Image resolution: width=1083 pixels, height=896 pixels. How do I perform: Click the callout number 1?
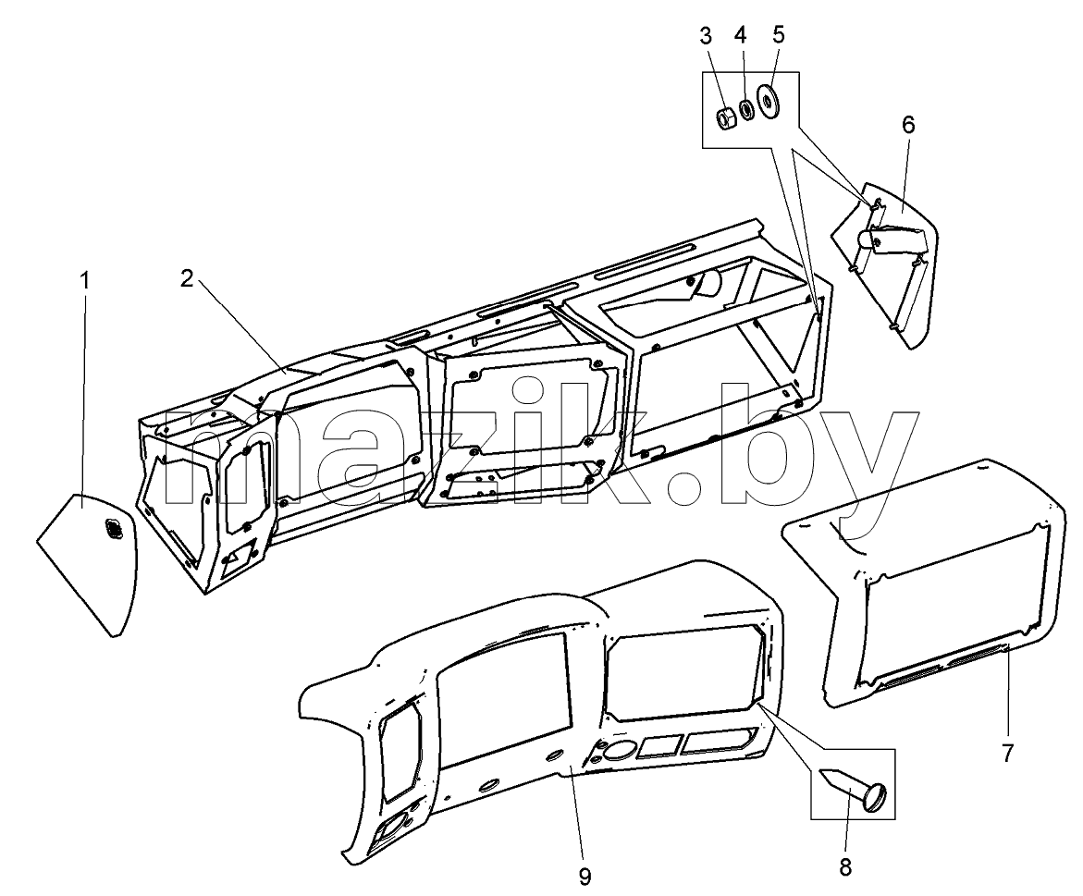85,282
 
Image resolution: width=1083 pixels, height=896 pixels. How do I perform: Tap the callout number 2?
187,279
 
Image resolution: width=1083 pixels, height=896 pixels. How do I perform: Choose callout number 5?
779,35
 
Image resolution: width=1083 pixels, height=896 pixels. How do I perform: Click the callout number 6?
907,126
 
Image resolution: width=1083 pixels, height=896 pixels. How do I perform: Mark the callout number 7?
1007,753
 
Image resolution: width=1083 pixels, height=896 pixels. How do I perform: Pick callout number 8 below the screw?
845,867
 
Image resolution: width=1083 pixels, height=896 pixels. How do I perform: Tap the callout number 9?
585,877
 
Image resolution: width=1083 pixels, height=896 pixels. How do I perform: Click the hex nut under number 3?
724,118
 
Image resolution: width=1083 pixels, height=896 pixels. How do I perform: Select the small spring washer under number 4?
746,109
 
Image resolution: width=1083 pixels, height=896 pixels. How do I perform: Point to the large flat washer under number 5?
768,101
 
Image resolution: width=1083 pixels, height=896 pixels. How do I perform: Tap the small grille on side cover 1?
110,530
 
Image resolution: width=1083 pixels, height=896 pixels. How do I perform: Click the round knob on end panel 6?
867,241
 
